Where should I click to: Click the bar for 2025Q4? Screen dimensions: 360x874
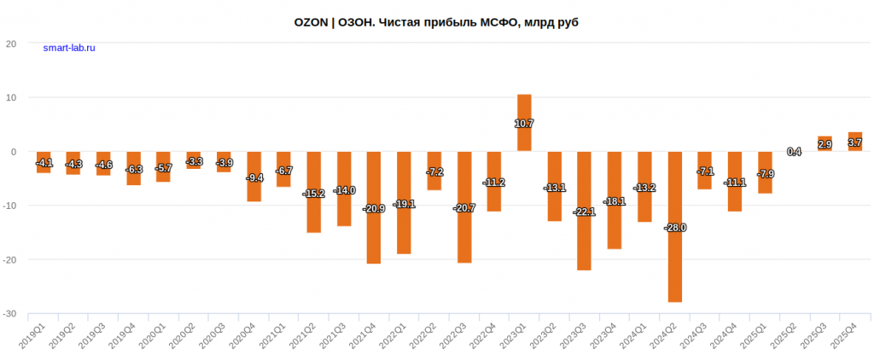pyautogui.click(x=854, y=142)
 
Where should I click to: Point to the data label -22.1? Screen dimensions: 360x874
pyautogui.click(x=585, y=212)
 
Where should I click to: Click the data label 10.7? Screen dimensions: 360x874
pyautogui.click(x=524, y=124)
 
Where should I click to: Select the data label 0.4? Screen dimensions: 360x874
pyautogui.click(x=794, y=152)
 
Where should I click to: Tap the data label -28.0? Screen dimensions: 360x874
pyautogui.click(x=674, y=228)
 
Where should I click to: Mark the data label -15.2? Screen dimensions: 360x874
pyautogui.click(x=313, y=194)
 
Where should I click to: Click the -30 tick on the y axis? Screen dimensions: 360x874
pyautogui.click(x=11, y=314)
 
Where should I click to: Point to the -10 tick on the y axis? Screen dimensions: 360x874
pyautogui.click(x=11, y=206)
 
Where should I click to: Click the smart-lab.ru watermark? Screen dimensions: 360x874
pyautogui.click(x=69, y=49)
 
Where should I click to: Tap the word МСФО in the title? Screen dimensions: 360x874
pyautogui.click(x=498, y=21)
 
